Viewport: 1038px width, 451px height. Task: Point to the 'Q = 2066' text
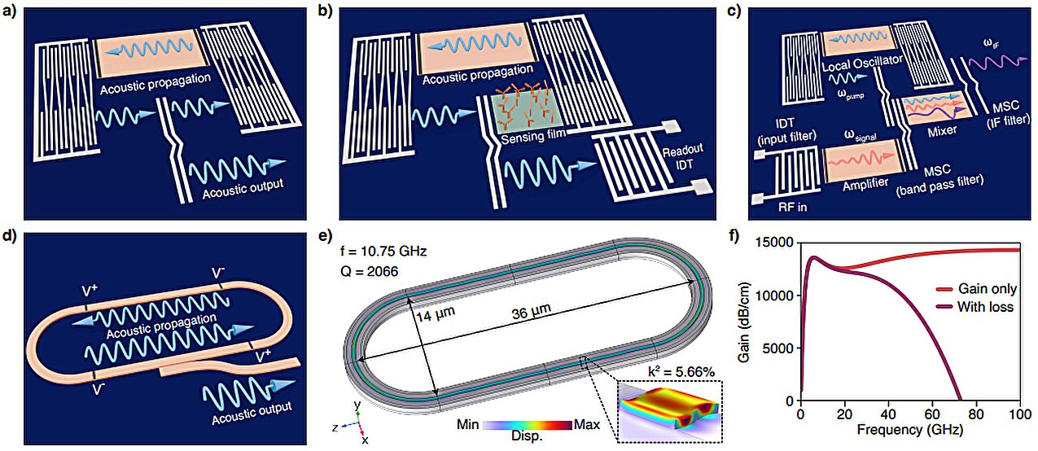[x=361, y=271]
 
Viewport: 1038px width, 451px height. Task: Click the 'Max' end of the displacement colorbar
[x=586, y=424]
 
